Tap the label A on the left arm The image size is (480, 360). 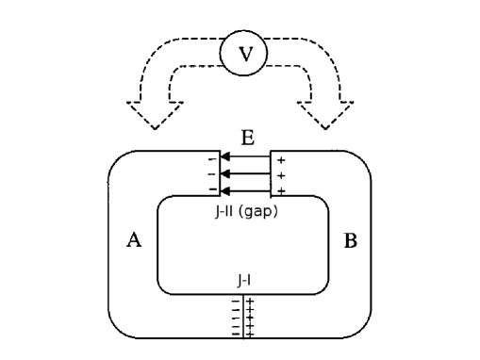(134, 241)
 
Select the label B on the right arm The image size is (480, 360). (350, 241)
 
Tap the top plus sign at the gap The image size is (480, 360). (281, 160)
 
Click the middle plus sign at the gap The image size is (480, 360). (281, 175)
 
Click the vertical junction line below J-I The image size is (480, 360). (244, 316)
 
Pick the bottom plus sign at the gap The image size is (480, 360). (281, 190)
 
